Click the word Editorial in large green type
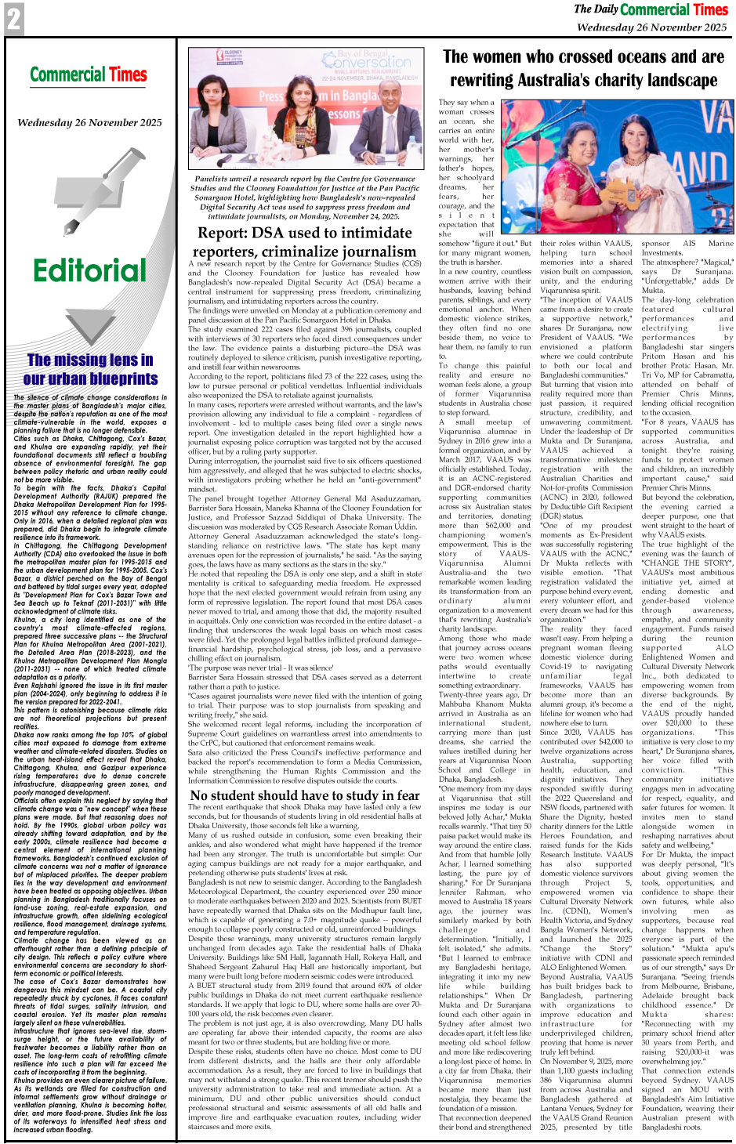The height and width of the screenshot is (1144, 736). (x=89, y=270)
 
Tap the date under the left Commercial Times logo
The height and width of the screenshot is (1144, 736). (x=89, y=122)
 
